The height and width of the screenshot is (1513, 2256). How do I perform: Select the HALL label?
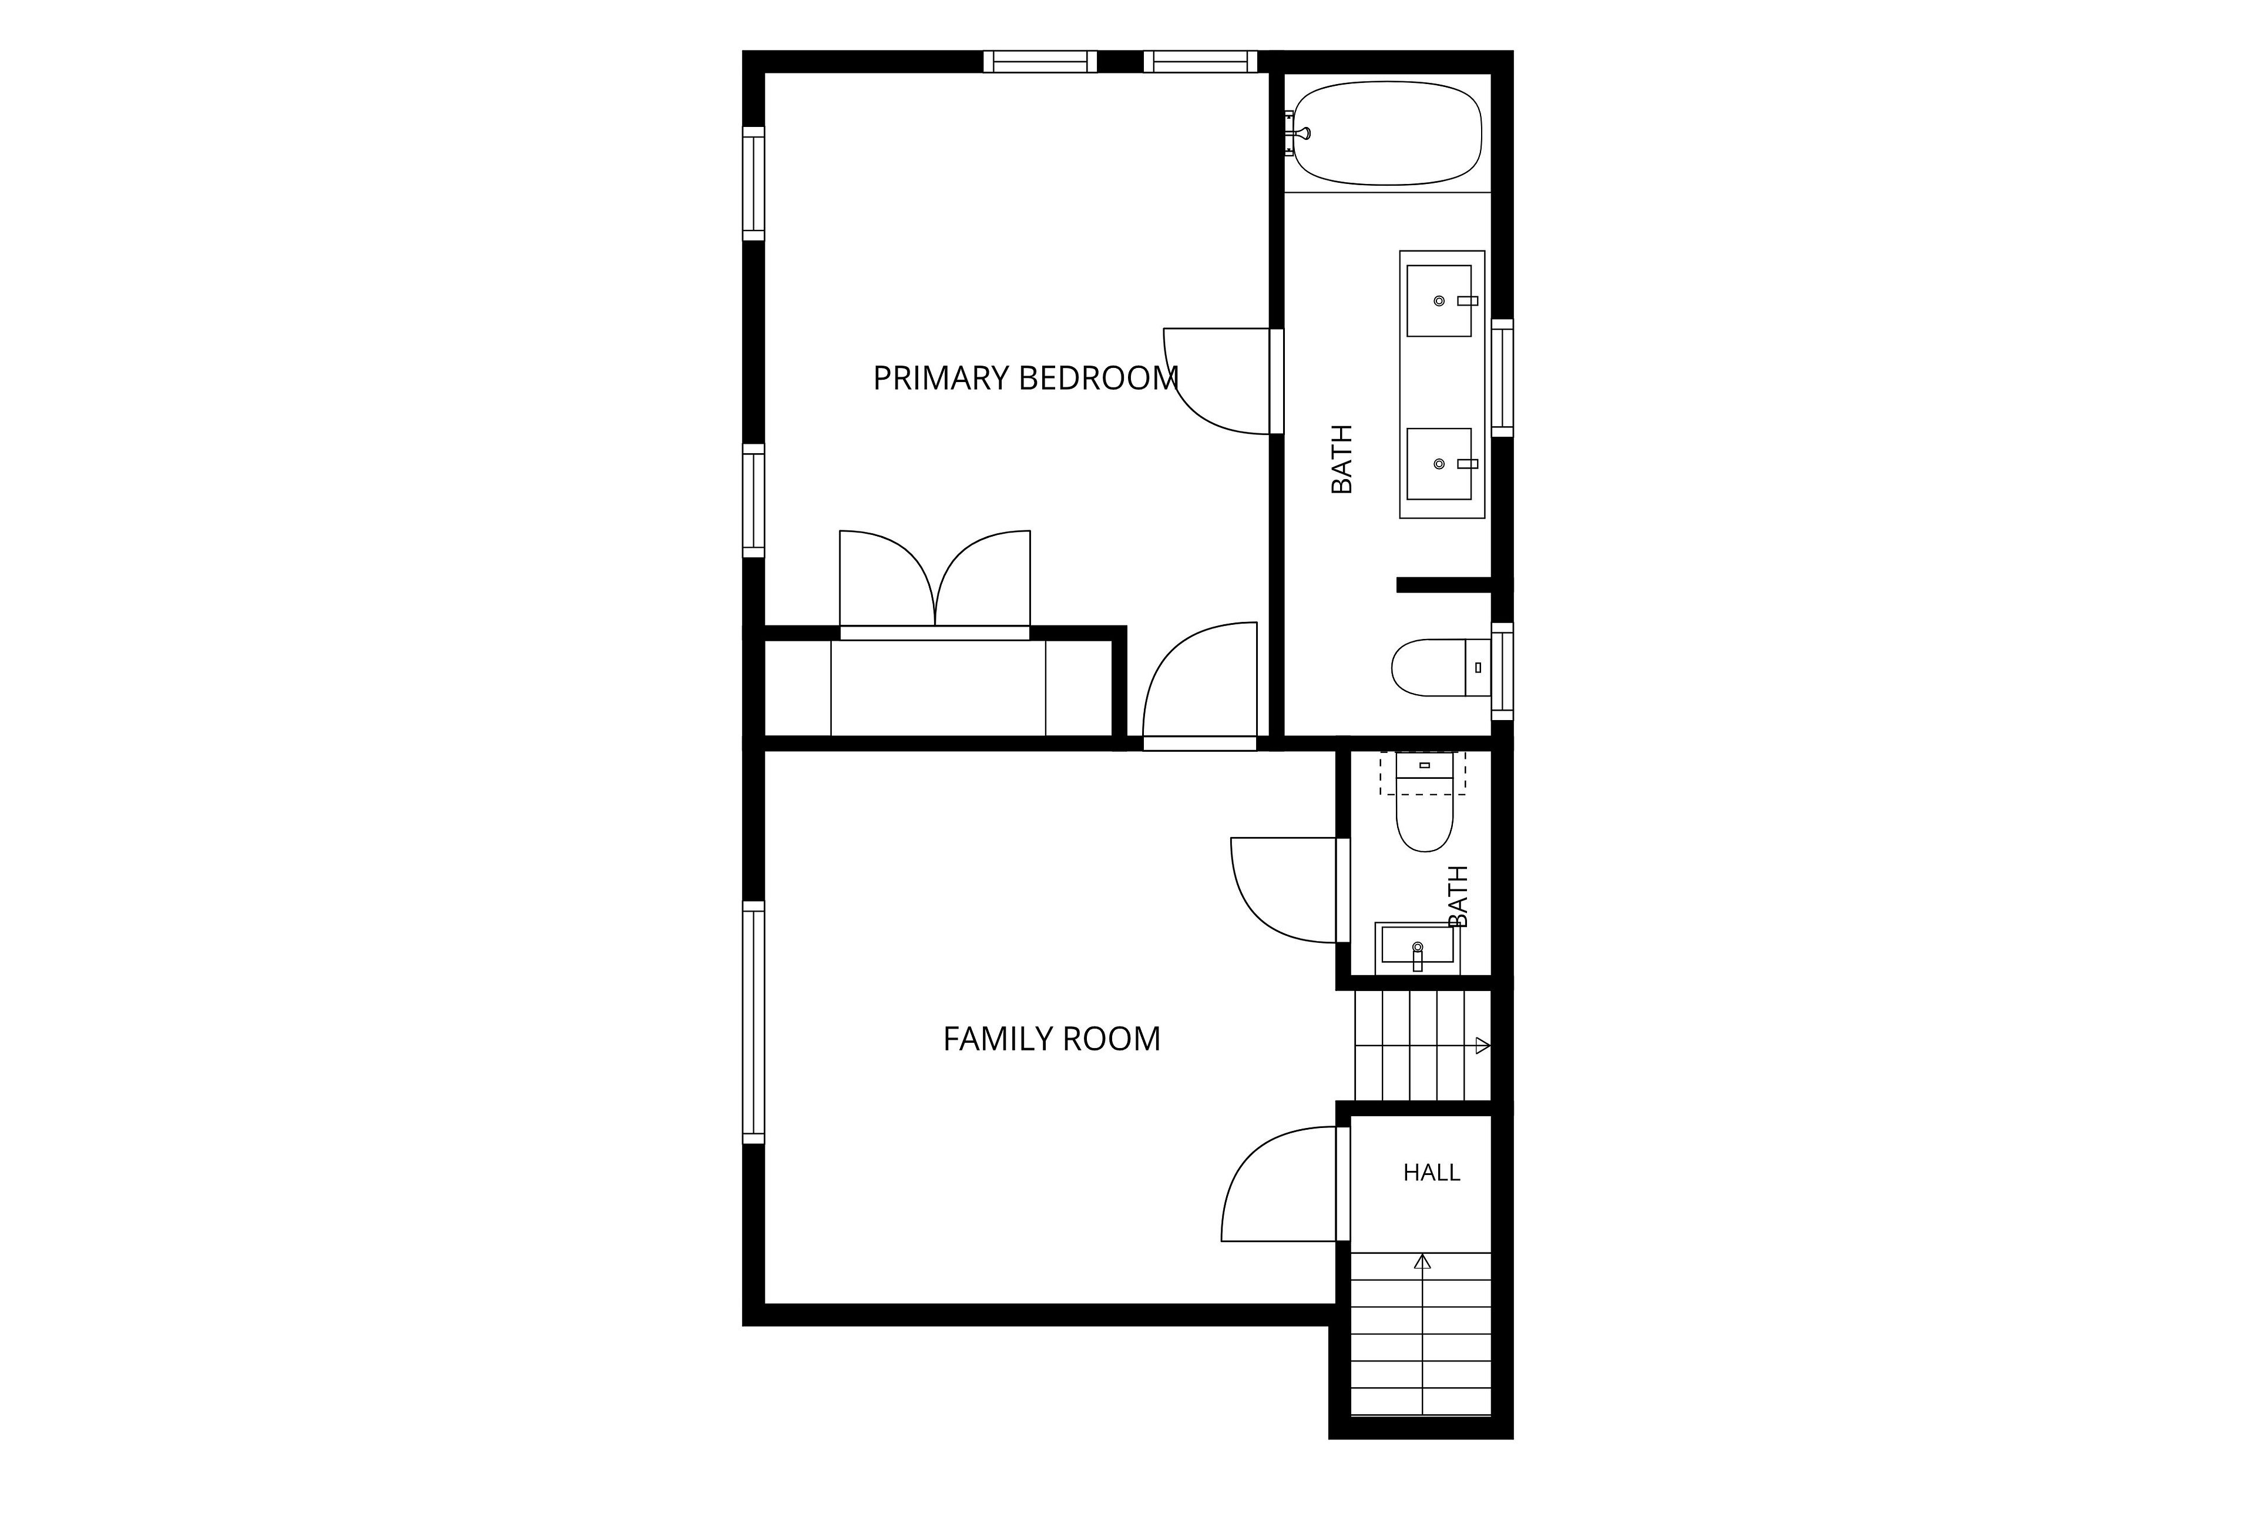1431,1173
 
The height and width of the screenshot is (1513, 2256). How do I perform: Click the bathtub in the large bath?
1387,133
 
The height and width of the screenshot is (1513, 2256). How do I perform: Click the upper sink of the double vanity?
1439,301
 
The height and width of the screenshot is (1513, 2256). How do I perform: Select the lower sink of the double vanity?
1439,464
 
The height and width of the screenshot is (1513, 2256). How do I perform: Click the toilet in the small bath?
1425,804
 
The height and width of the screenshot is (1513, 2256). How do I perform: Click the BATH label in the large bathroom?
1342,459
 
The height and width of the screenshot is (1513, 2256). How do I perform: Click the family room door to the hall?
1283,1184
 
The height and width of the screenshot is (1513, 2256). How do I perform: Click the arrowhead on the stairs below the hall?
1423,1261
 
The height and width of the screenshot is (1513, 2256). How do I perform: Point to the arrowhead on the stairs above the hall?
1483,1045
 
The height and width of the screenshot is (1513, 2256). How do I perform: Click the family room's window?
753,1023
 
